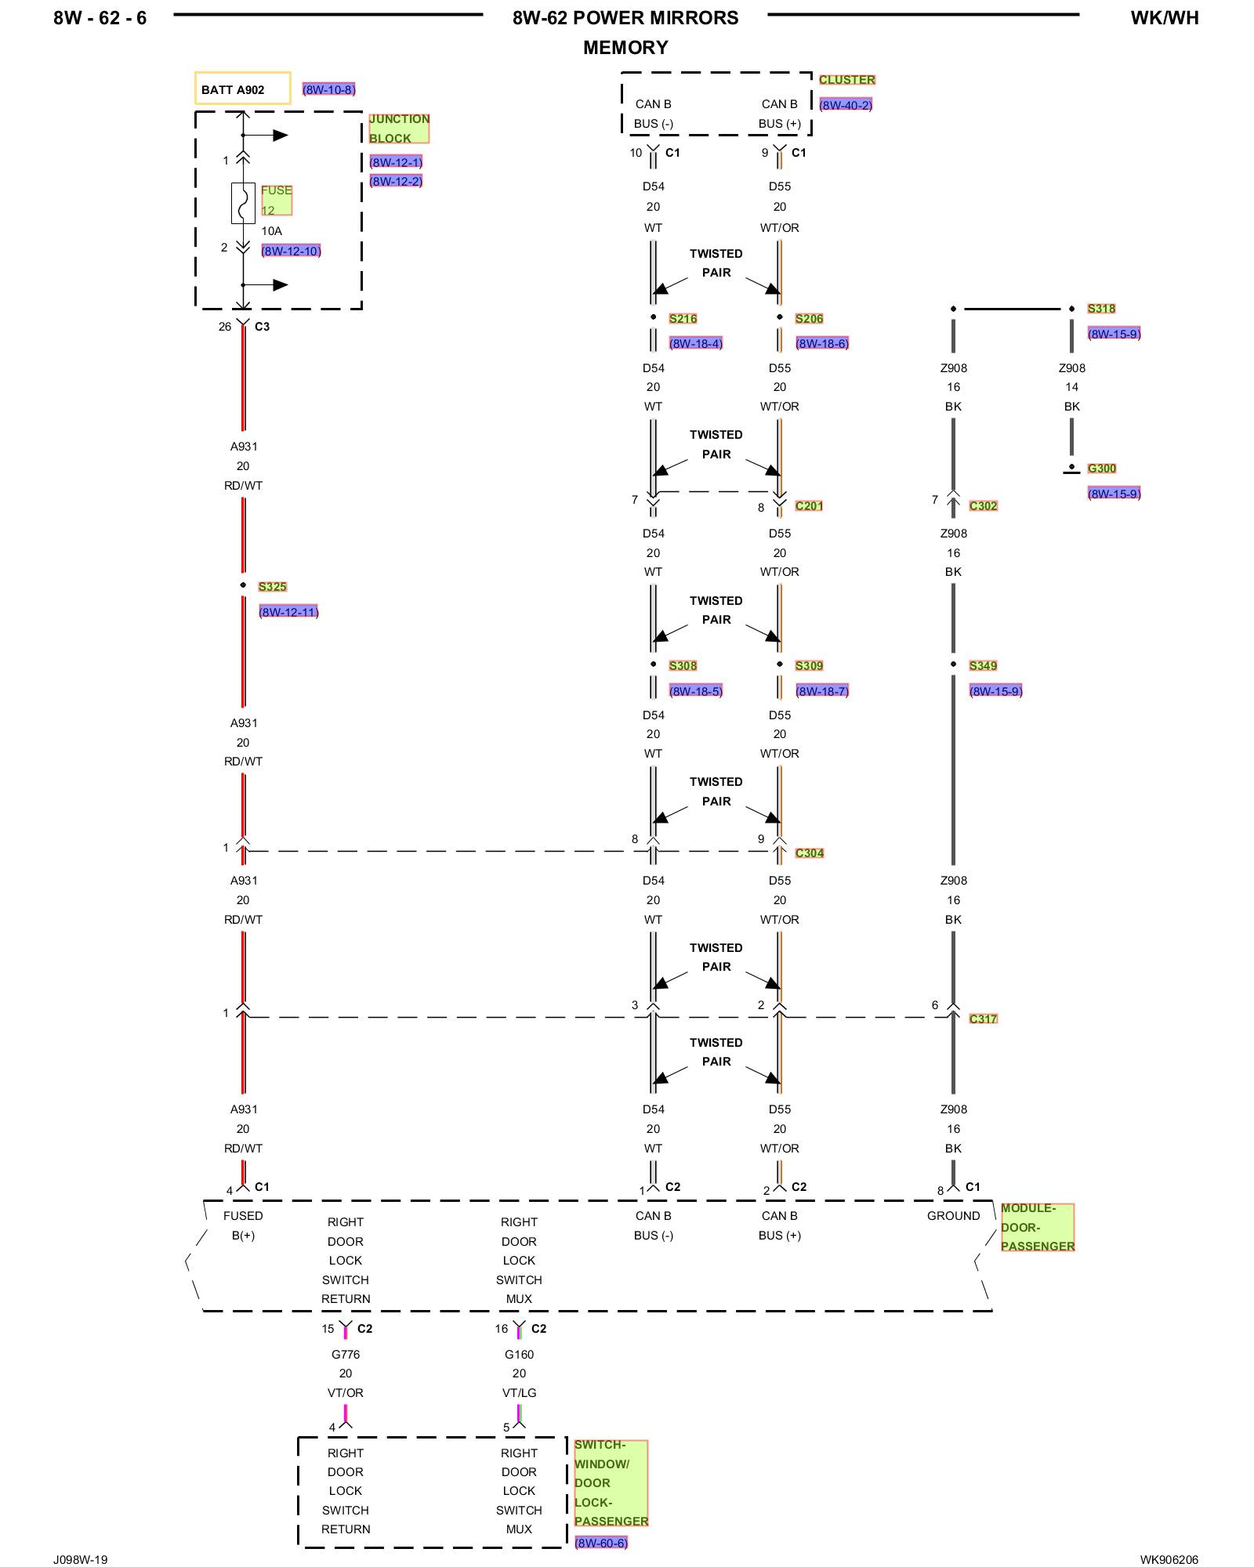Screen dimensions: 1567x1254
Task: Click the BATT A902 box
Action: tap(242, 89)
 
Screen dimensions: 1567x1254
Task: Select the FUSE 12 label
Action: tap(276, 201)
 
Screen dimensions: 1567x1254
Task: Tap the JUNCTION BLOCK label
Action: tap(399, 128)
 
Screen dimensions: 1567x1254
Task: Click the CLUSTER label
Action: tap(846, 80)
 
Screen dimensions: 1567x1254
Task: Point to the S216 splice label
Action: tap(683, 319)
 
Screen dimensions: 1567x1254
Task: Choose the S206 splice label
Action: tap(809, 319)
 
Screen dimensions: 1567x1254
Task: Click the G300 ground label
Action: tap(1101, 469)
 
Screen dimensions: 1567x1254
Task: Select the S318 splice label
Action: tap(1101, 309)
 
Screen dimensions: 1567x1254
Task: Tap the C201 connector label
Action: tap(809, 506)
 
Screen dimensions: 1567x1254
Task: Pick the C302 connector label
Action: tap(983, 506)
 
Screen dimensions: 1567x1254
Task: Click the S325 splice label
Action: tap(272, 587)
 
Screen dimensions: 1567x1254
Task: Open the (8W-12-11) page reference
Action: tap(288, 612)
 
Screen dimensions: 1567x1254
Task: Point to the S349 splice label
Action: tap(983, 666)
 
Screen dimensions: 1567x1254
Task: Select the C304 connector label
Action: tap(809, 853)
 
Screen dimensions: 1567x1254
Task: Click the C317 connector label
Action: tap(983, 1019)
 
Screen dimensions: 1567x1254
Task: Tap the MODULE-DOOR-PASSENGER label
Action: tap(1037, 1228)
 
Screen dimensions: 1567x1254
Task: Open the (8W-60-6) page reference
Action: tap(600, 1543)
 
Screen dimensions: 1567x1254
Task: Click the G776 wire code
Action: tap(346, 1355)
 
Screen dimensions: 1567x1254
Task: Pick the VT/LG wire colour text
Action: tap(519, 1393)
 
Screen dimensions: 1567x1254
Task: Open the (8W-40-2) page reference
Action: tap(845, 105)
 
